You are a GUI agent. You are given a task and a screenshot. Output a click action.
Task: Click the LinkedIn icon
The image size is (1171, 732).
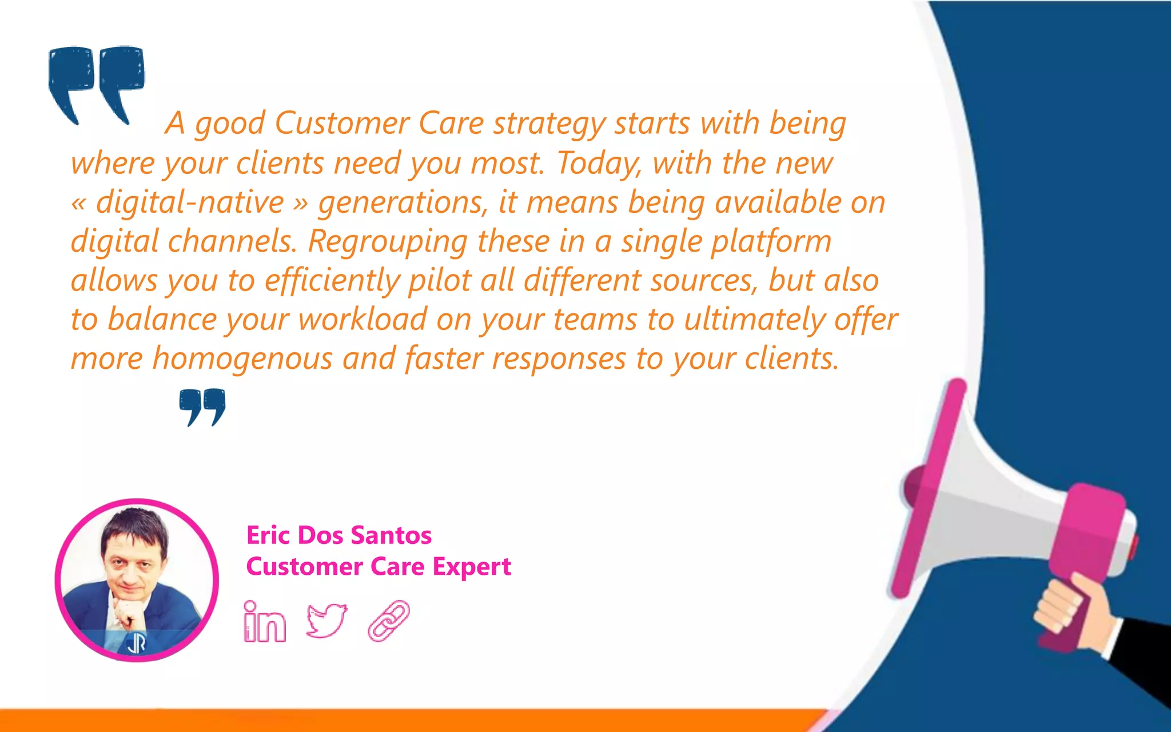(x=264, y=622)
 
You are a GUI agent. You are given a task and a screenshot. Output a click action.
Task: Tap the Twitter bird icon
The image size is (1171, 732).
(x=326, y=620)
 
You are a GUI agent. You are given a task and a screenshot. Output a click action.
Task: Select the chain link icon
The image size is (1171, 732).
(x=389, y=620)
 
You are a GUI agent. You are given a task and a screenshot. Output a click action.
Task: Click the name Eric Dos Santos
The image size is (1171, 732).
(x=338, y=535)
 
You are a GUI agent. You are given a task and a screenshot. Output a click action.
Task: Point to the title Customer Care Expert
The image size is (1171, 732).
(x=378, y=567)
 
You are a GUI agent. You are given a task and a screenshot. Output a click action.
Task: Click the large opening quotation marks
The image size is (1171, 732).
(x=96, y=83)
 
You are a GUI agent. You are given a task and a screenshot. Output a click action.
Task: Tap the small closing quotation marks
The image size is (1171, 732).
(x=202, y=407)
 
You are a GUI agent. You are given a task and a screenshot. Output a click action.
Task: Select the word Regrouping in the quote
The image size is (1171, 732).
(x=388, y=241)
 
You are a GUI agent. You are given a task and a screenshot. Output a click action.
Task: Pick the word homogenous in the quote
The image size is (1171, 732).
(x=242, y=359)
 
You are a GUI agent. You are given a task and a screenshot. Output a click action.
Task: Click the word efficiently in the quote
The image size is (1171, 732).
(x=332, y=281)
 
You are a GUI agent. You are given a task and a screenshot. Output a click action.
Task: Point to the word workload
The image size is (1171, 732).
(x=363, y=319)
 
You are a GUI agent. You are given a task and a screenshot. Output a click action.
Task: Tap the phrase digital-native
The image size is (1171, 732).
(x=190, y=202)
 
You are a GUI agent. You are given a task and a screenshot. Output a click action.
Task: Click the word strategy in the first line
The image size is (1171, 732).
(x=549, y=124)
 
